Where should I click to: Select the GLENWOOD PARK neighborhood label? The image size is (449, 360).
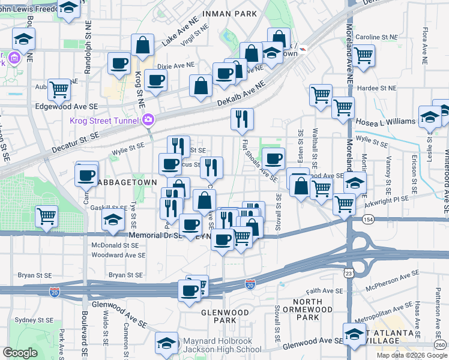tap(219, 316)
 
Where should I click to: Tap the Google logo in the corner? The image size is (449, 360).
tap(20, 353)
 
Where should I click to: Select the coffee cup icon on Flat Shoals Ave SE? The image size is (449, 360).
tap(273, 158)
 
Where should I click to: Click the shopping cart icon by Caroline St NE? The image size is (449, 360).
tap(364, 55)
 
